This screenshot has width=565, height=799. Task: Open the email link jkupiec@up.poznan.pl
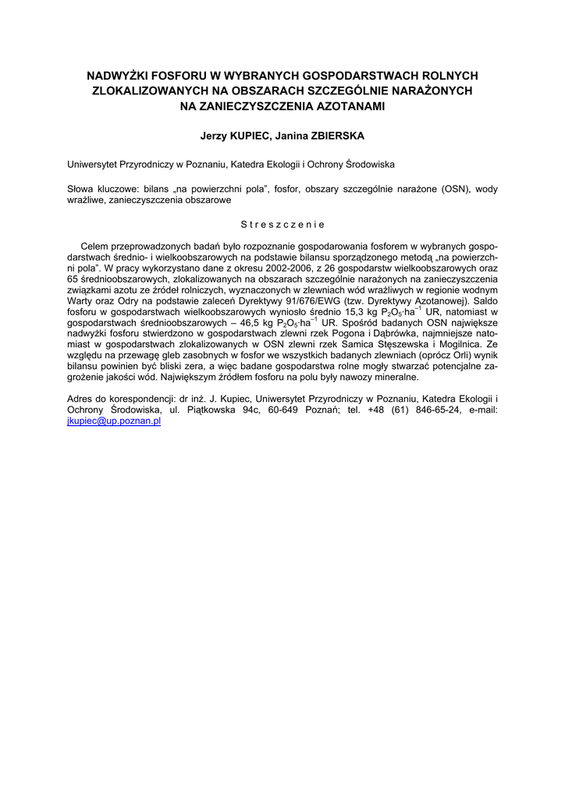click(114, 421)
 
